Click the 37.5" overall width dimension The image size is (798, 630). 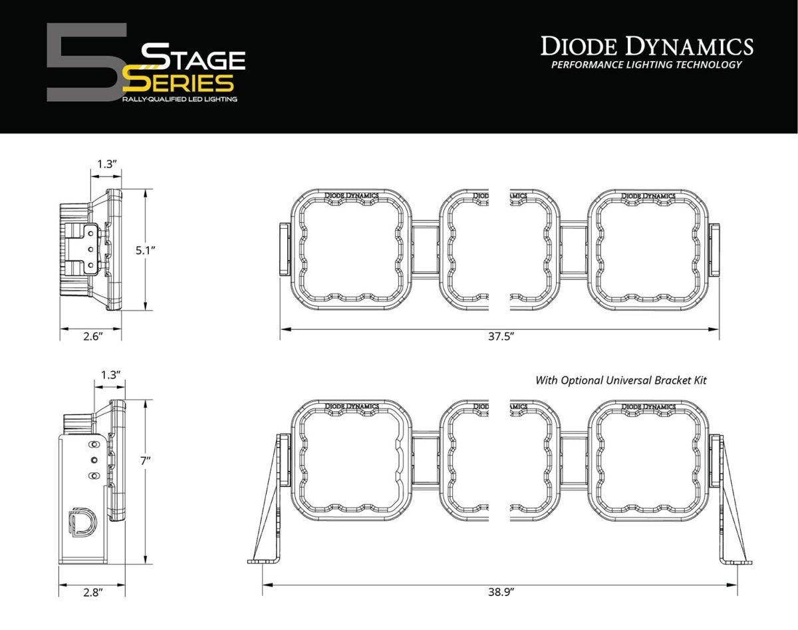(x=500, y=337)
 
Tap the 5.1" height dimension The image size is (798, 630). (x=144, y=250)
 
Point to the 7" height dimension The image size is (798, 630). (x=146, y=459)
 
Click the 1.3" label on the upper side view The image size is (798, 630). (x=106, y=164)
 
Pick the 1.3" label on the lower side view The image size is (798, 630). (x=110, y=375)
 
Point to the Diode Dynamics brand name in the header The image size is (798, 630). (x=646, y=46)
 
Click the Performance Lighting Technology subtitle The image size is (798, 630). (x=646, y=65)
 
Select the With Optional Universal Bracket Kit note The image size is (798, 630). (x=620, y=381)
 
